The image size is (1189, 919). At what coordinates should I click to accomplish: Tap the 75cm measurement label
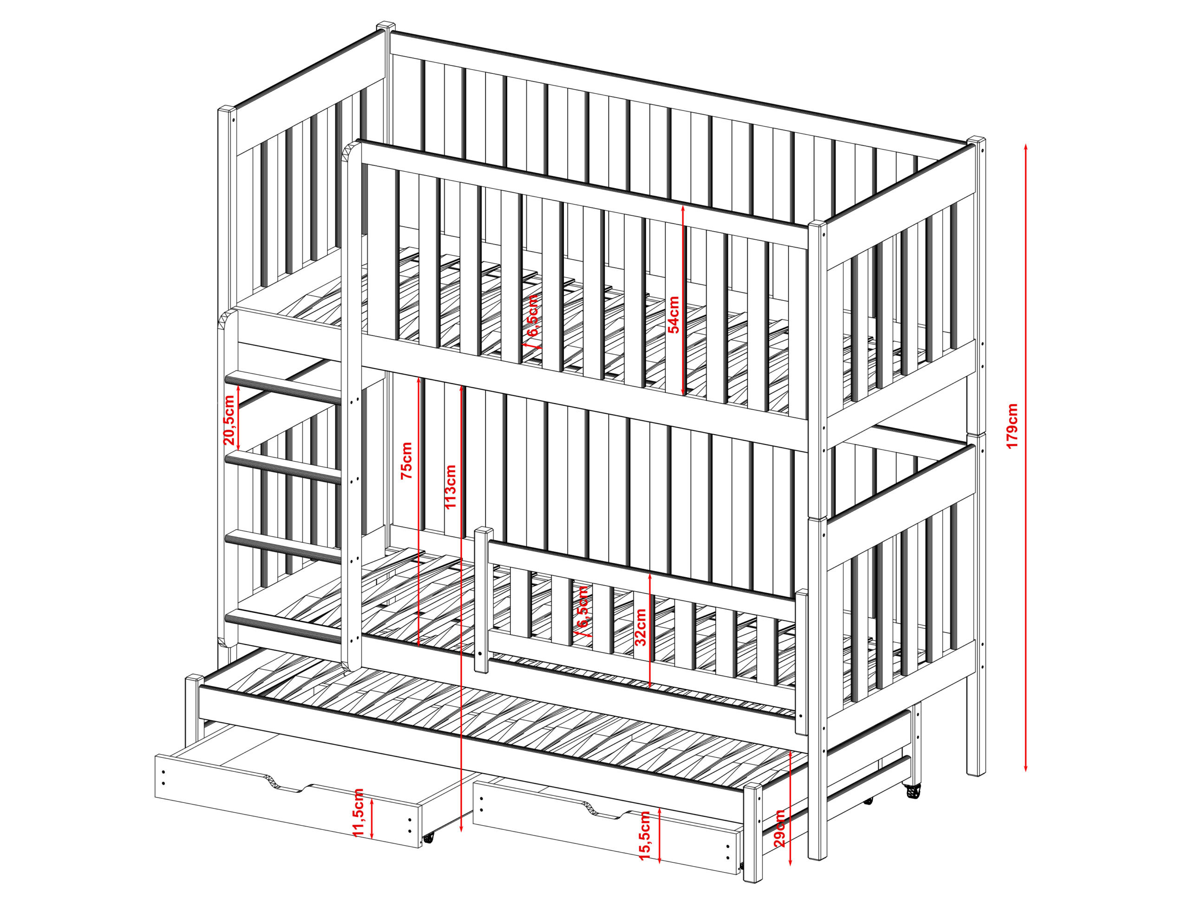click(x=407, y=461)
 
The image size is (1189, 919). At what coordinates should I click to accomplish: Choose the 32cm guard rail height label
click(x=642, y=626)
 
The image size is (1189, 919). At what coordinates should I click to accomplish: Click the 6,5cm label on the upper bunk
click(x=532, y=316)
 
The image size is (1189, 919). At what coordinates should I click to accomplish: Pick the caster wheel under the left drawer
click(x=428, y=853)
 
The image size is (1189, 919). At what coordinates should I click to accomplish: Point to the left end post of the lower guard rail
click(x=482, y=600)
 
